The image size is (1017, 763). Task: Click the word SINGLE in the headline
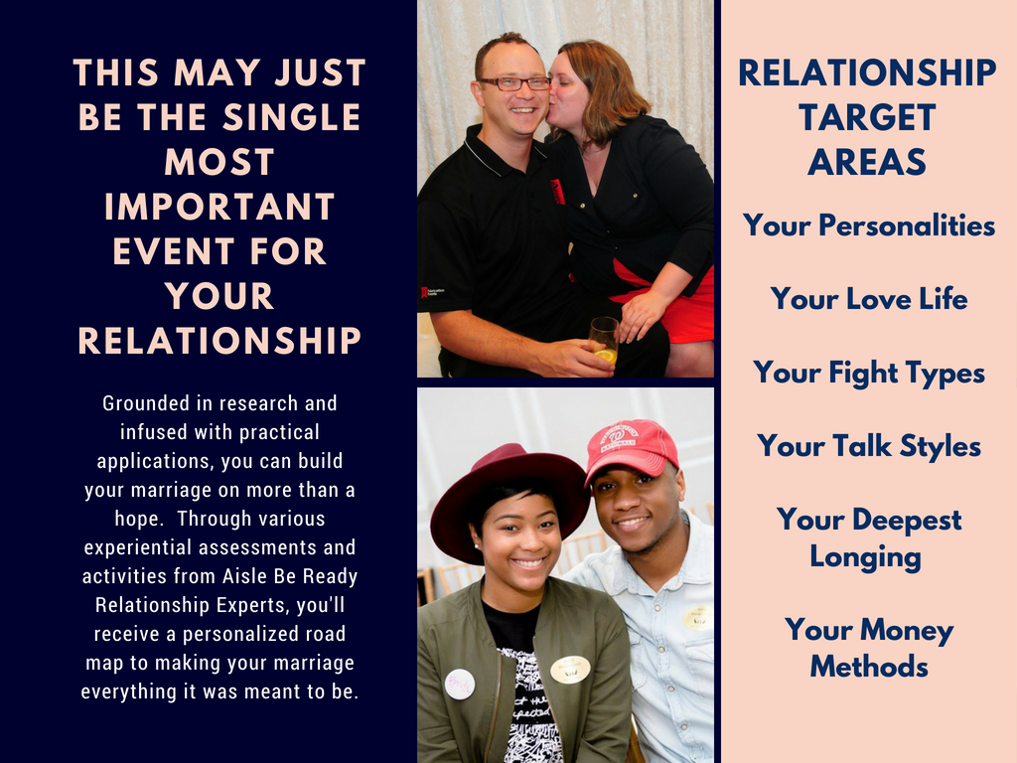coord(292,117)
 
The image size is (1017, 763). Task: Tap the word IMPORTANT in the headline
coord(219,207)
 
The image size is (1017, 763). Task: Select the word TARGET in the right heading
coord(868,117)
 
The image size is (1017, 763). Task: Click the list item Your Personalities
coord(869,226)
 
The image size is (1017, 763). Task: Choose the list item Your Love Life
coord(869,298)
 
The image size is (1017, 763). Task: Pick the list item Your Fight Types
coord(869,374)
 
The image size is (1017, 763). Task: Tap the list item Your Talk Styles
coord(869,446)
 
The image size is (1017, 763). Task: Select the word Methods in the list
coord(869,667)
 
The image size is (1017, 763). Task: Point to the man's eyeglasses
coord(514,83)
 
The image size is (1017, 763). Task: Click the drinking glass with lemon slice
coord(604,340)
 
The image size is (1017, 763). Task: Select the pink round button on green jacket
coord(459,684)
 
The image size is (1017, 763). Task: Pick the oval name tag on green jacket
coord(570,670)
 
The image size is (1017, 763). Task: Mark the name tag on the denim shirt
coord(697,617)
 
